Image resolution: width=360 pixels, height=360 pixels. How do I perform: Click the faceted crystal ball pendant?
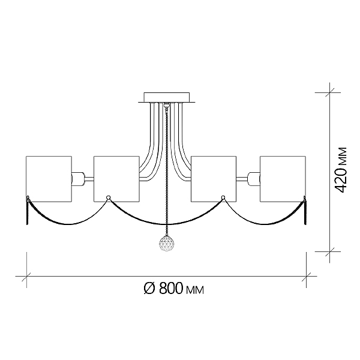pos(167,243)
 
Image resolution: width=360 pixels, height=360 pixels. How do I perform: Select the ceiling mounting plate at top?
pos(167,97)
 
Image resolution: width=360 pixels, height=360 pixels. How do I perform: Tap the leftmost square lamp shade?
pos(49,179)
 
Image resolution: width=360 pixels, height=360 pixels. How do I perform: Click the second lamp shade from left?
pos(116,179)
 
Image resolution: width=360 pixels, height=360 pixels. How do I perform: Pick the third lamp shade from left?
pos(214,179)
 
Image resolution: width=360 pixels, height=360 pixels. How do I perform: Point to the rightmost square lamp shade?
pos(283,179)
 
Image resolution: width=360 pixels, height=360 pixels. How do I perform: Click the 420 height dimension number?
pos(340,180)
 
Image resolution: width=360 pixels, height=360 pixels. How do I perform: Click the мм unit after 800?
pos(194,290)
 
